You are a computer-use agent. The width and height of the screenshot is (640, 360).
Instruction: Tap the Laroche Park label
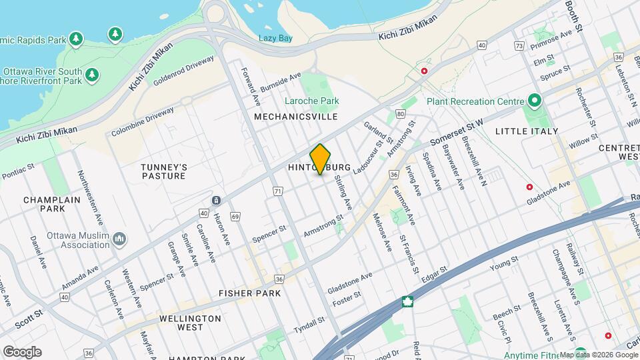click(312, 101)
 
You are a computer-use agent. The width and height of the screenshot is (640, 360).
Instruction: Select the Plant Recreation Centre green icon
click(534, 101)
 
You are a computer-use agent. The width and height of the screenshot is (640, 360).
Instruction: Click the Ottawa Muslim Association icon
click(119, 239)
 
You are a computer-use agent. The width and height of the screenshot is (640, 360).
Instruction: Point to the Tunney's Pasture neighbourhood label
click(163, 171)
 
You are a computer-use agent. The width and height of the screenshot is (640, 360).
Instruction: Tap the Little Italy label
click(526, 131)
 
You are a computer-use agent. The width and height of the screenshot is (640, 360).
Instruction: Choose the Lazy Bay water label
click(276, 39)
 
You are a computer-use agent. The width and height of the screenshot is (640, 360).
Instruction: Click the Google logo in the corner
click(22, 351)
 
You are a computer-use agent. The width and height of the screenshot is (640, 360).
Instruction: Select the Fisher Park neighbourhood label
click(250, 293)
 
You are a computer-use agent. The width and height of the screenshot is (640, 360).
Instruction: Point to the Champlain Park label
click(52, 204)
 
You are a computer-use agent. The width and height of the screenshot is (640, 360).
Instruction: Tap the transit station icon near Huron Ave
click(216, 200)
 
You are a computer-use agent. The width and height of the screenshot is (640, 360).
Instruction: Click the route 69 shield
click(235, 217)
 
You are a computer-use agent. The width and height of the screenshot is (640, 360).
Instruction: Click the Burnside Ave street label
click(281, 83)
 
